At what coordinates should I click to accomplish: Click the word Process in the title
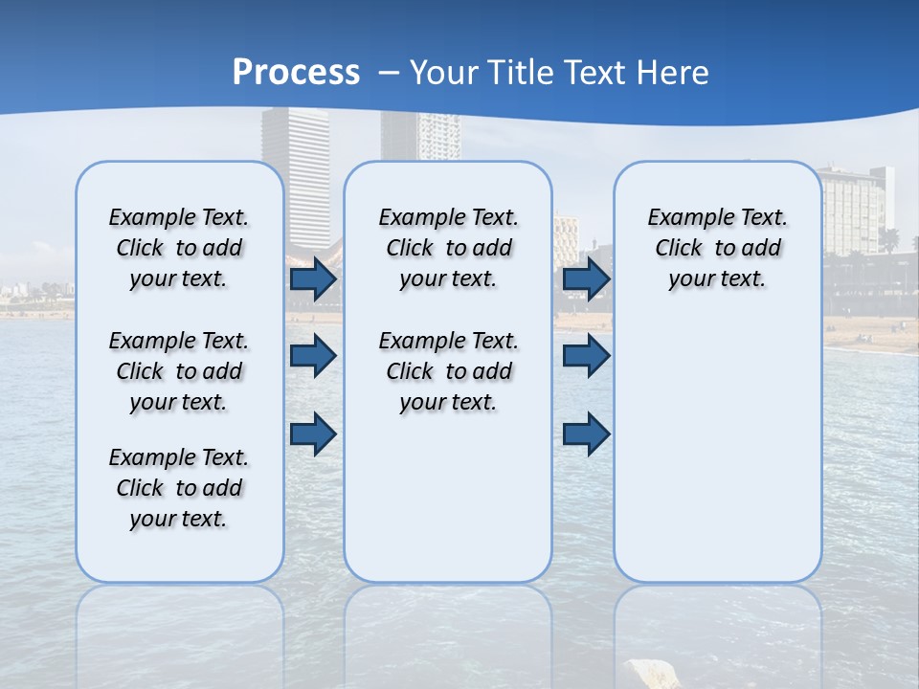coord(296,73)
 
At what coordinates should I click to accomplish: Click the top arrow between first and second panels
coord(313,279)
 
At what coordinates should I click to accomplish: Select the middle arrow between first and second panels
coord(313,356)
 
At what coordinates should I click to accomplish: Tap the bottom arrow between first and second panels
coord(313,433)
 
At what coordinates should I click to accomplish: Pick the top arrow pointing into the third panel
coord(587,279)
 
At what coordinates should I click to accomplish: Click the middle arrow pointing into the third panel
coord(587,356)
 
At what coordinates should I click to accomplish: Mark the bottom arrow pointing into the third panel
coord(587,433)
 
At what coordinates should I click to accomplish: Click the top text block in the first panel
coord(179,248)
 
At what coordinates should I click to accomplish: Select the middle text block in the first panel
coord(179,371)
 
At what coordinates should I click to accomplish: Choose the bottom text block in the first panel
coord(179,488)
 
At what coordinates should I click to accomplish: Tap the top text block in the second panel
coord(448,248)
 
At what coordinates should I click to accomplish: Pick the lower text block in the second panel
coord(448,371)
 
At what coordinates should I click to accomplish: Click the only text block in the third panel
coord(717,248)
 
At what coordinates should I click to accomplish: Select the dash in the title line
coord(389,74)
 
